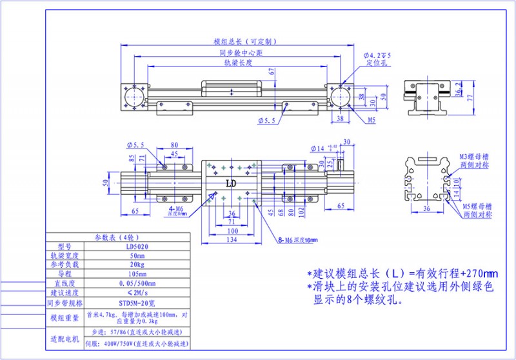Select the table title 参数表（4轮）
(117, 237)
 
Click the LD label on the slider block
(230, 183)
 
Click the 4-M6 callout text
(177, 210)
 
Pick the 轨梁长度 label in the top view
(237, 63)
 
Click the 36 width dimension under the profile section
(426, 208)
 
